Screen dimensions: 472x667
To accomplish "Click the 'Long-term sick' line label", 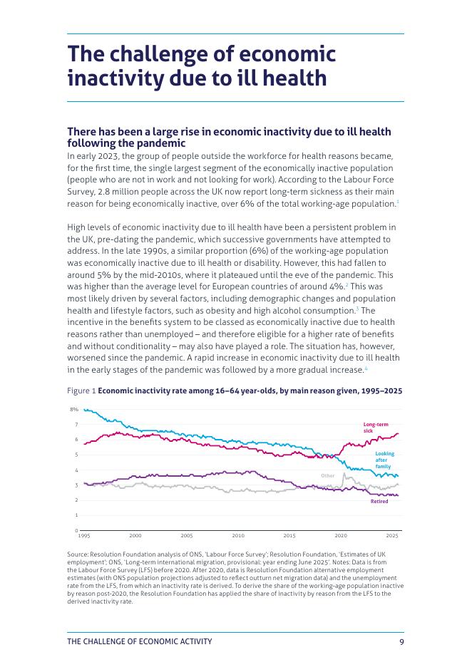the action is tap(375, 428).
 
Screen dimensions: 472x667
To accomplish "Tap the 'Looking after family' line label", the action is tap(385, 460).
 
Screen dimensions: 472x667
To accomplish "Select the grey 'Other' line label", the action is tap(328, 475).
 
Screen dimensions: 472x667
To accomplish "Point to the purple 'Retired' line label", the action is tap(379, 502).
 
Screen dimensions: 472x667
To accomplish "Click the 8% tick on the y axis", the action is tap(74, 409).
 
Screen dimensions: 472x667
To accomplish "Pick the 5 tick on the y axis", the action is tap(76, 455).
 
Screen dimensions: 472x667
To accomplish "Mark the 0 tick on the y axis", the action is tap(76, 530).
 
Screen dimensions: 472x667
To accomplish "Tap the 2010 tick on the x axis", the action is tap(238, 536).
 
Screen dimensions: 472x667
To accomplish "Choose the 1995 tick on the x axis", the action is tap(84, 536).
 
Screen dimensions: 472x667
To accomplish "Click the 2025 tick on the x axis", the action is tap(391, 536).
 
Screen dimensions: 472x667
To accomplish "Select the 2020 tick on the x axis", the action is tap(341, 536).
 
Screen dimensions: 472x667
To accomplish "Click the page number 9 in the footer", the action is tap(401, 642).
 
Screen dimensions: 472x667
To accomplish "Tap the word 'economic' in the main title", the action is tap(287, 54).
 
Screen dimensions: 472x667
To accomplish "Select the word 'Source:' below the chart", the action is tap(78, 554).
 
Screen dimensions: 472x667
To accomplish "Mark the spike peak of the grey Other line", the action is tap(344, 473).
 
